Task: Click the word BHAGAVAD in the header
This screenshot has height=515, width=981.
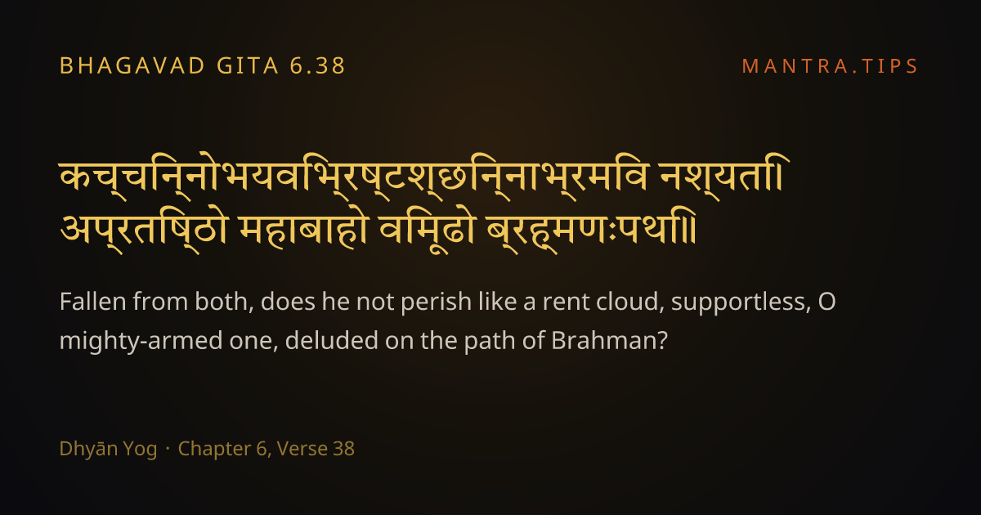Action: tap(132, 66)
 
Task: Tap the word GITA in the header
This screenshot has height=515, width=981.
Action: tap(248, 66)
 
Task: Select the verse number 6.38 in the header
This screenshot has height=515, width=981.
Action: tap(317, 66)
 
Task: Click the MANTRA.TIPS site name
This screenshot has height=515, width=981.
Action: tap(830, 66)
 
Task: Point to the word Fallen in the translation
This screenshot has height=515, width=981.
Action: tap(93, 302)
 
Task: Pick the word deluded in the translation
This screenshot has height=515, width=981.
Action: tap(332, 340)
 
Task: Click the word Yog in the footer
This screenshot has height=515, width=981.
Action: tap(140, 450)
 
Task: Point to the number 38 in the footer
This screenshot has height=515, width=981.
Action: tap(344, 449)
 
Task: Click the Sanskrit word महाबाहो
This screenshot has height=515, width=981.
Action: tap(302, 230)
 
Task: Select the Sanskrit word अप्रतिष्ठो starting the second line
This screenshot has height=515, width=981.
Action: tap(144, 231)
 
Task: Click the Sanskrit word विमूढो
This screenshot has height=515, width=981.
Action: tap(427, 231)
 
